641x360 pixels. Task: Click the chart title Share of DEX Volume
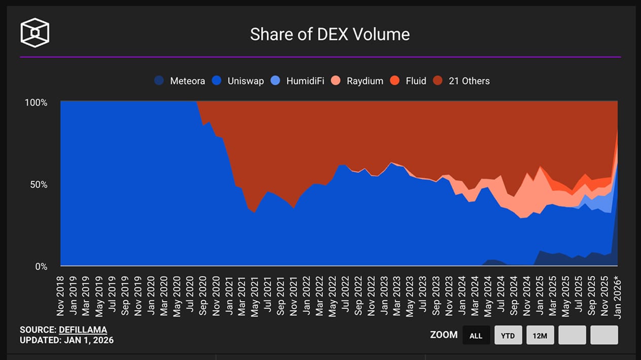[330, 34]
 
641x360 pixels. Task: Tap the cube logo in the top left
[35, 33]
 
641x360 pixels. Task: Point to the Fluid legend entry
[409, 81]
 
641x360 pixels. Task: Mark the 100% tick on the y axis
[36, 102]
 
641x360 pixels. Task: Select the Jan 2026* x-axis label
[617, 296]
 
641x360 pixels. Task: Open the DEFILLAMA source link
[83, 330]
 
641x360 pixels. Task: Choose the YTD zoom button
[508, 335]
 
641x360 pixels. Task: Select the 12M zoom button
[540, 335]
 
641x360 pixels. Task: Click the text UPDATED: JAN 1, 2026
[66, 340]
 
